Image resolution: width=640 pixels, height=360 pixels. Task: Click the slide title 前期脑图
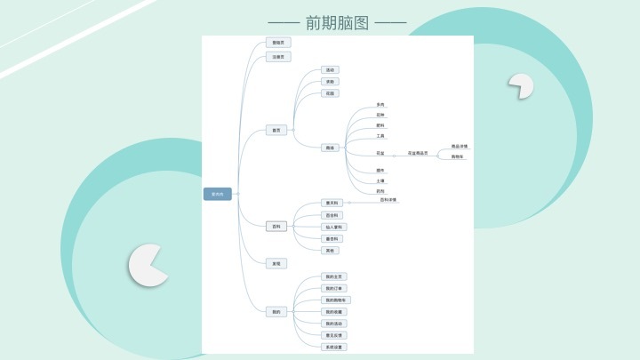(337, 23)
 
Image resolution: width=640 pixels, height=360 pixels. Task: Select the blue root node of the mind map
(218, 194)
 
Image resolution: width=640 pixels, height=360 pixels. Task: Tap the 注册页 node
(278, 57)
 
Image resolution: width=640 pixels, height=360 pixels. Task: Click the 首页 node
(276, 130)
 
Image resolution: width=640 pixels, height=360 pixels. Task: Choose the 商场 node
(330, 148)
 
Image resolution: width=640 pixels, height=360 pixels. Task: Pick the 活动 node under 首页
(330, 69)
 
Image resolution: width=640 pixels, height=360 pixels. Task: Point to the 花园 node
(330, 93)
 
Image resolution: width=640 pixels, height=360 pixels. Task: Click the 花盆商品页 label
(418, 153)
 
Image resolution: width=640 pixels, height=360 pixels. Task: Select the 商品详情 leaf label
(460, 146)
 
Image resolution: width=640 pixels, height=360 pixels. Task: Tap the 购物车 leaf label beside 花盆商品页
(458, 157)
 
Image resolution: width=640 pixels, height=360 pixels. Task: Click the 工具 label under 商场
(380, 136)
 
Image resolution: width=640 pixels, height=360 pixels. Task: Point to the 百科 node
(276, 227)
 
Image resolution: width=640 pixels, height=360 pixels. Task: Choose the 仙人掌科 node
(333, 227)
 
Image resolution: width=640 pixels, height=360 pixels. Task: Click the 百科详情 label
(388, 200)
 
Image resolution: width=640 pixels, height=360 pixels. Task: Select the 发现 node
(276, 263)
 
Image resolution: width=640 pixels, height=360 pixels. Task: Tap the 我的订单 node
(333, 288)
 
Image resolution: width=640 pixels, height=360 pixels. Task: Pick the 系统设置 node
(333, 347)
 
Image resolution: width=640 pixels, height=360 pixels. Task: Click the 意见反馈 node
(333, 335)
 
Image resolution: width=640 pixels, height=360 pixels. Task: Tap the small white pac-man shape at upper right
(521, 85)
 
